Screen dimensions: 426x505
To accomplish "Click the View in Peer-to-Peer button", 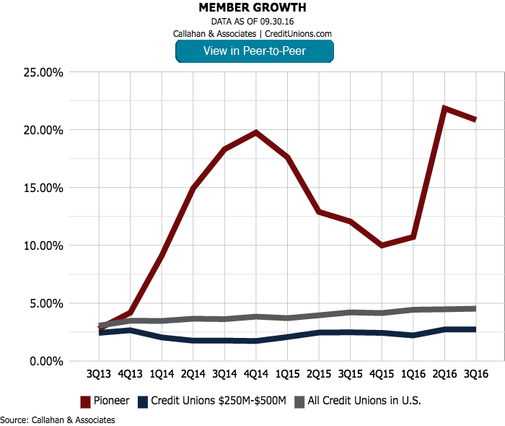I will tap(254, 51).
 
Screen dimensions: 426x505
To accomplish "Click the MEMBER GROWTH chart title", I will tap(252, 8).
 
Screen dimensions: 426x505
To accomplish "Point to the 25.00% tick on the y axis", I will tap(45, 73).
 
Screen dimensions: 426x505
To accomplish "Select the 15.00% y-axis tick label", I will tap(45, 188).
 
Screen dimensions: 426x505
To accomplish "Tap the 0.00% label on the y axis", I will tap(47, 361).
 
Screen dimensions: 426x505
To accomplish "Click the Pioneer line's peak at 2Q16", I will tap(444, 108).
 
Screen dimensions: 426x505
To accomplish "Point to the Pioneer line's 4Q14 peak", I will tap(256, 133).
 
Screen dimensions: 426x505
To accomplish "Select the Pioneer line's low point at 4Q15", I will tap(382, 245).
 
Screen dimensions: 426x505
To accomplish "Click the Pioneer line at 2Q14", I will tap(193, 189).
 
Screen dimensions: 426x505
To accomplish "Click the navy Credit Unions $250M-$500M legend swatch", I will tap(144, 401).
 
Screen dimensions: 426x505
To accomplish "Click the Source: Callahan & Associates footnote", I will tap(58, 419).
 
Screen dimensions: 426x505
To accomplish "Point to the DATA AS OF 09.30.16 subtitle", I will tap(252, 22).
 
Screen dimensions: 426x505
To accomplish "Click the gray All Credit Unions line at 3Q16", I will tap(475, 308).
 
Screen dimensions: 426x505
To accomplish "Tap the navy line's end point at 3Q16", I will tap(475, 329).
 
